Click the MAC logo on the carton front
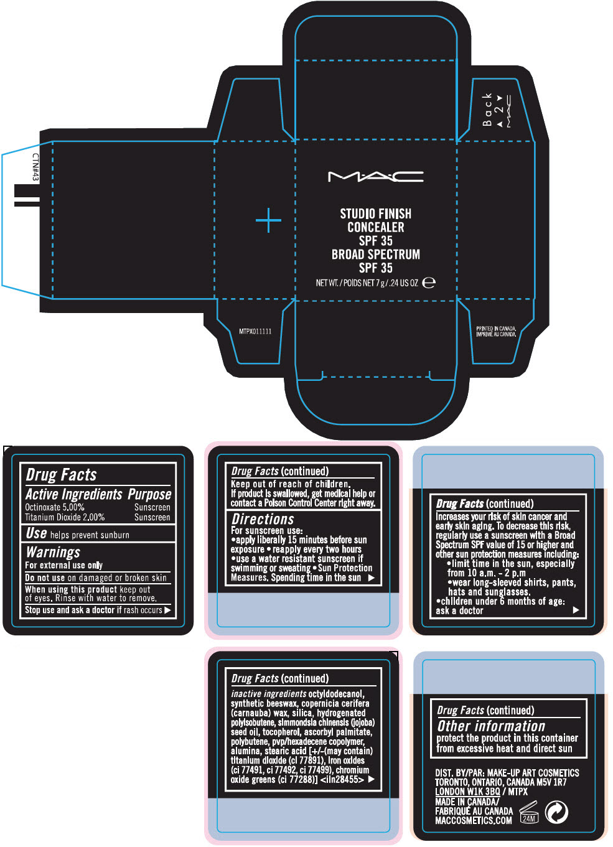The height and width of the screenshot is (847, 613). [x=375, y=177]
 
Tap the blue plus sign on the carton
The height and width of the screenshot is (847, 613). [x=268, y=220]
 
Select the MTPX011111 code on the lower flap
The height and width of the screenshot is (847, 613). [x=255, y=332]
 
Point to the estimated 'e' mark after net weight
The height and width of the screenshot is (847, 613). [x=429, y=283]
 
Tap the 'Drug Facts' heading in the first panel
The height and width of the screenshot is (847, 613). [x=62, y=475]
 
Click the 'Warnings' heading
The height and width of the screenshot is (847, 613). [x=53, y=552]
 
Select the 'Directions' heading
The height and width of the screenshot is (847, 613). [x=263, y=519]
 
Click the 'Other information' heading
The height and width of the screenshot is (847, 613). [x=491, y=726]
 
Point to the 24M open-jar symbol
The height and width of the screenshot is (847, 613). [x=528, y=813]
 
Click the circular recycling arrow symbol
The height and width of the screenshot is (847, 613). [x=556, y=812]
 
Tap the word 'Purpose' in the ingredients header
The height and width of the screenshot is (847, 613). [x=149, y=494]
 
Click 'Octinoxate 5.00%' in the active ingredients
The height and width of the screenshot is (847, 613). [x=55, y=507]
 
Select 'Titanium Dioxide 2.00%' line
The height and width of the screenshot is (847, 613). [x=65, y=517]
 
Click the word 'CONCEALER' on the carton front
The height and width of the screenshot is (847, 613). [x=376, y=227]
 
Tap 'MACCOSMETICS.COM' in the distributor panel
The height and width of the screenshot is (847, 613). [x=474, y=820]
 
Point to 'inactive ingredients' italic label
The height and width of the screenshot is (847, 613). [x=268, y=693]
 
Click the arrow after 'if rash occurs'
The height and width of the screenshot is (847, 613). [x=167, y=611]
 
